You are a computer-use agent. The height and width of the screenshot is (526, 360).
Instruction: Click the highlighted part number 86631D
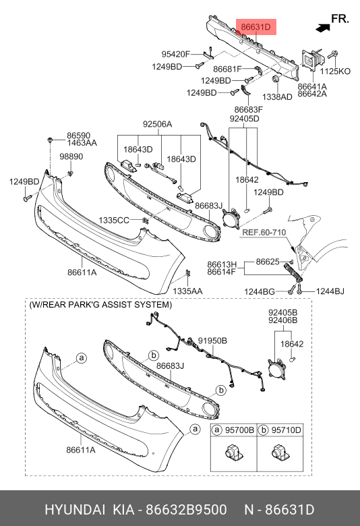click(x=256, y=27)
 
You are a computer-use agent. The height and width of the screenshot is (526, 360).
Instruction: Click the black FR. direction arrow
click(x=323, y=28)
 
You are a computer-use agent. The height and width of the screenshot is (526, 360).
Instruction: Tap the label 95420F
click(x=175, y=54)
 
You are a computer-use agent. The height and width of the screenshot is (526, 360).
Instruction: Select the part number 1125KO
click(x=335, y=71)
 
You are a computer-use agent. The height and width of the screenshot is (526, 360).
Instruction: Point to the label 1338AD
click(x=277, y=97)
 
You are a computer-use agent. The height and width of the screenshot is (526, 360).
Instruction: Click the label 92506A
click(x=157, y=124)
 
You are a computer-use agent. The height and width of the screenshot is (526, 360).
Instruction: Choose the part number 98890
click(x=71, y=156)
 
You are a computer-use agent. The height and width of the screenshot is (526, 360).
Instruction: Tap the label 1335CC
click(x=114, y=221)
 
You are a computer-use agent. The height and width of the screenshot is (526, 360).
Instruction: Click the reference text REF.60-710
click(x=264, y=232)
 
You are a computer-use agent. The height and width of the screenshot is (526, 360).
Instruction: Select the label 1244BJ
click(x=330, y=291)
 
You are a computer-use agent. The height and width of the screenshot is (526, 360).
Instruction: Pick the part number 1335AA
click(x=187, y=291)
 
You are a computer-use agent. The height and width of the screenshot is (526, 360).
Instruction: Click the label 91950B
click(x=212, y=341)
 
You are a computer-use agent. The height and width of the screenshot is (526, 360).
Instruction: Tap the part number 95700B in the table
click(x=239, y=430)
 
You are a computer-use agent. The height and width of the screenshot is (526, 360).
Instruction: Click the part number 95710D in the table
click(x=286, y=430)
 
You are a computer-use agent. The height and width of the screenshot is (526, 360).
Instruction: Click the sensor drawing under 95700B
click(x=234, y=453)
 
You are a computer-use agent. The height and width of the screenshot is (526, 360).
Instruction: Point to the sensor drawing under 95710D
click(x=280, y=453)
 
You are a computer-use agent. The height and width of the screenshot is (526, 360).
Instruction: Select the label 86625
click(x=268, y=262)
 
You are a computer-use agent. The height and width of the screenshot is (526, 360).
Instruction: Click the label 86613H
click(x=222, y=264)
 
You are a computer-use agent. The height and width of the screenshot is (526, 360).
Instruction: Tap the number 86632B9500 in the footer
click(x=186, y=510)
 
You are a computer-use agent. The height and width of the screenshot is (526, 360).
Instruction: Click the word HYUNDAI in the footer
click(x=75, y=510)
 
